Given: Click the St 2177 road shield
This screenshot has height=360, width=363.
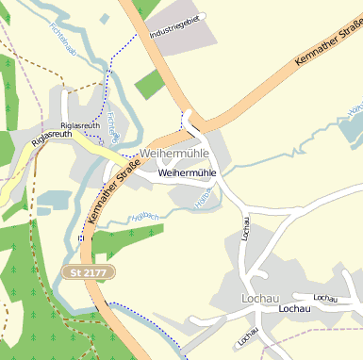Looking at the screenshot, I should (88, 271).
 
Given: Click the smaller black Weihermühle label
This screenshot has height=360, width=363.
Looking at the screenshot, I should (188, 173).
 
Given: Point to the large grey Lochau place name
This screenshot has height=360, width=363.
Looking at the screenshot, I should (260, 299).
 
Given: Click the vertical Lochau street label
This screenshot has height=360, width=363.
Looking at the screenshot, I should (246, 229).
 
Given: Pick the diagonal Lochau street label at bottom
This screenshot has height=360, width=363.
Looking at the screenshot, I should (249, 336).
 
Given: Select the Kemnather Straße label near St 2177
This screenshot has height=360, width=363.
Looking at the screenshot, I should (113, 193).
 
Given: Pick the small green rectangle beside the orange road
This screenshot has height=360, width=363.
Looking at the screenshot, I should (149, 84).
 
